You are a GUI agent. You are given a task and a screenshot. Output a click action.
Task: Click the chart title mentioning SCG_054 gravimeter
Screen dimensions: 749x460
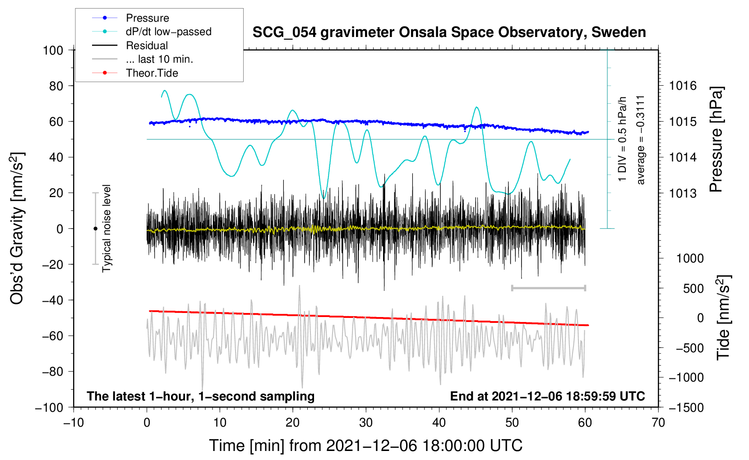[x=449, y=32]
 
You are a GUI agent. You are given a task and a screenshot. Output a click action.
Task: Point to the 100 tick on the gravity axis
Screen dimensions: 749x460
[x=53, y=51]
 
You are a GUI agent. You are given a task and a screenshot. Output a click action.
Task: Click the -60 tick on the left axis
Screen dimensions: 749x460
[x=53, y=336]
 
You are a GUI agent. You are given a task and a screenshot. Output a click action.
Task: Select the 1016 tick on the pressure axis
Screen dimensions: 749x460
[x=683, y=86]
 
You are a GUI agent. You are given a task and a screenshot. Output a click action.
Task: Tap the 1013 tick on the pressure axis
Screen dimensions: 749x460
[x=683, y=193]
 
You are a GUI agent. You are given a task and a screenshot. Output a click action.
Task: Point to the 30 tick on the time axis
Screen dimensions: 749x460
[x=366, y=423]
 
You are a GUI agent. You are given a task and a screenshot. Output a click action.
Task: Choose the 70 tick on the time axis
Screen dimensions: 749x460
[x=658, y=423]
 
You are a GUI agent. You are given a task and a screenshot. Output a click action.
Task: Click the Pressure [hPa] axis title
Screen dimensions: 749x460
[x=716, y=139]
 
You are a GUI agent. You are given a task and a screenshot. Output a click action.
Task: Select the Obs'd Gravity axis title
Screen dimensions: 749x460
[x=17, y=228]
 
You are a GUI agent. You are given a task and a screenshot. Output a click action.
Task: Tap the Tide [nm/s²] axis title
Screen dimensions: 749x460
[x=724, y=317]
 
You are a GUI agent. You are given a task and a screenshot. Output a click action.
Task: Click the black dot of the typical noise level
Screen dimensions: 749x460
[x=95, y=229]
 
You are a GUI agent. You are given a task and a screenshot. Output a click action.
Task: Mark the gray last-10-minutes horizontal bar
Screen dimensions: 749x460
[x=548, y=288]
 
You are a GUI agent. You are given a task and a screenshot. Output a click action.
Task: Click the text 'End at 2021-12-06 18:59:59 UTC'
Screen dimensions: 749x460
[x=547, y=396]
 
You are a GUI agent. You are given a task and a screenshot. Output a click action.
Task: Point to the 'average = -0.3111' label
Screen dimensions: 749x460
[x=640, y=140]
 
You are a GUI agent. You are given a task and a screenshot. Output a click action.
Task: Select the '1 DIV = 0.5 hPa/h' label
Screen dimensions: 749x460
[x=622, y=139]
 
